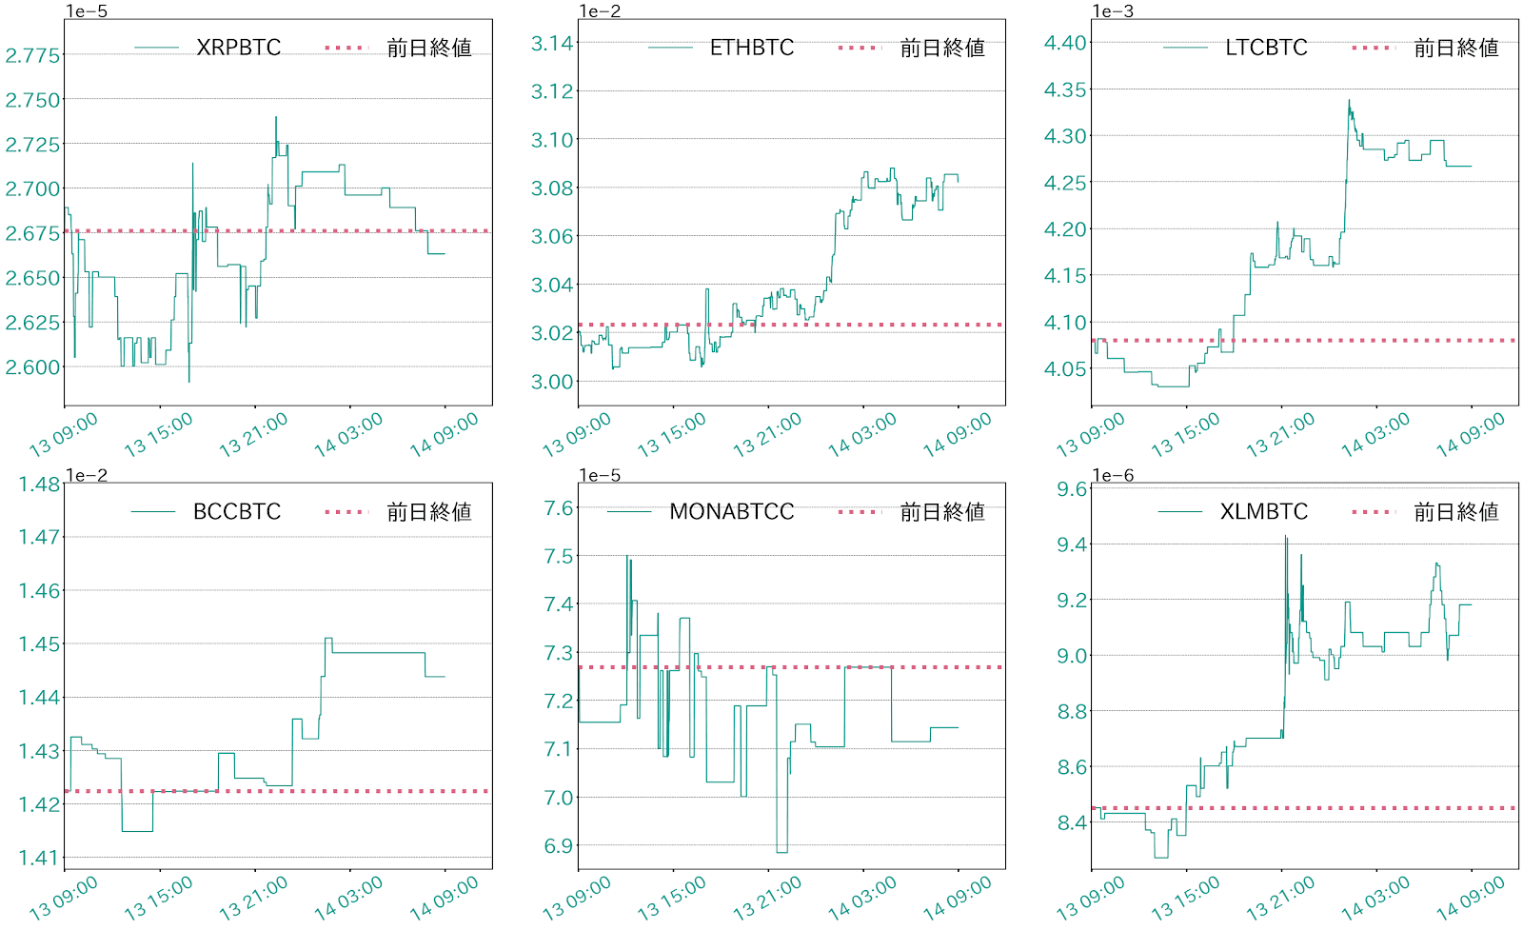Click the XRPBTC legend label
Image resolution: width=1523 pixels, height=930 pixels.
(x=238, y=48)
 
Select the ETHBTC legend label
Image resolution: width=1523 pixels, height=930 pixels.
(x=751, y=48)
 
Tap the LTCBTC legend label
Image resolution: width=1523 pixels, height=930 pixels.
(x=1265, y=48)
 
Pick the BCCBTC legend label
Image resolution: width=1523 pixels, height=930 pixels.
(x=236, y=512)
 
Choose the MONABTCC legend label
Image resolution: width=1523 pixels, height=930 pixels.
(x=731, y=512)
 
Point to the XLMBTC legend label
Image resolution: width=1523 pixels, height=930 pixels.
(x=1263, y=512)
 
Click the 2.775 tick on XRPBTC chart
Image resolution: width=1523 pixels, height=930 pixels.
(x=32, y=55)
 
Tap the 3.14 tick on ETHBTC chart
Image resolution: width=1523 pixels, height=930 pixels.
(x=552, y=43)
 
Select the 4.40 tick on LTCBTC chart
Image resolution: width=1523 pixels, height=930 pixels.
(x=1065, y=43)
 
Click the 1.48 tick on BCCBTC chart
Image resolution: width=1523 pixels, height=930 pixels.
(x=39, y=484)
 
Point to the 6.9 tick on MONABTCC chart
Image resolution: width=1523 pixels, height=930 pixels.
(x=559, y=846)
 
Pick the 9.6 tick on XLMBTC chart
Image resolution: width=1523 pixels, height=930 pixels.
(x=1073, y=489)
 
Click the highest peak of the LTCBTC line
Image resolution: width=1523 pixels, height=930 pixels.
(x=1349, y=100)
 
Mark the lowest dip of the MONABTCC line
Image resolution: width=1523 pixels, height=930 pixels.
(x=781, y=851)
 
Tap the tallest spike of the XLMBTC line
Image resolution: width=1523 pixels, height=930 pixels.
(x=1285, y=537)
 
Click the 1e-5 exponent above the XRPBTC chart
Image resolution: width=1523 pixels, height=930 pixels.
(x=87, y=11)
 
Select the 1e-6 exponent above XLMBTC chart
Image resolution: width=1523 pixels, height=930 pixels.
(x=1113, y=476)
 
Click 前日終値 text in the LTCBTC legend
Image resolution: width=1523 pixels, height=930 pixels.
(x=1455, y=48)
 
